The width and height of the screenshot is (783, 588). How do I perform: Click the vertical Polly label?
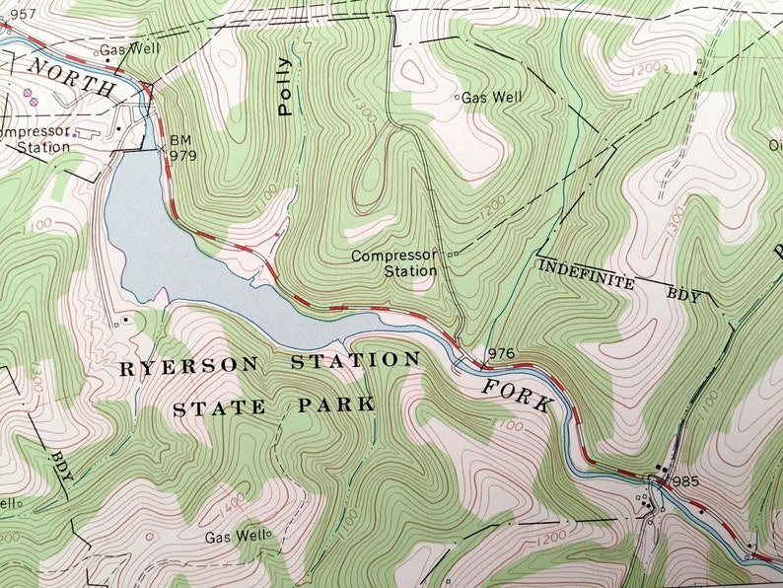point(285,87)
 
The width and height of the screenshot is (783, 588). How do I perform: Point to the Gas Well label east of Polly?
point(492,97)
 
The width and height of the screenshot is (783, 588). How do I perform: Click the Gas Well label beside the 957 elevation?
point(124,48)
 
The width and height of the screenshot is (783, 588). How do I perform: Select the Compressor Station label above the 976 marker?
point(394,262)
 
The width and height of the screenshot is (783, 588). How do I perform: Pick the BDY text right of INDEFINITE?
point(682,294)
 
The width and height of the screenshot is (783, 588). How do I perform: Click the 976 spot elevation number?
point(501,353)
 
